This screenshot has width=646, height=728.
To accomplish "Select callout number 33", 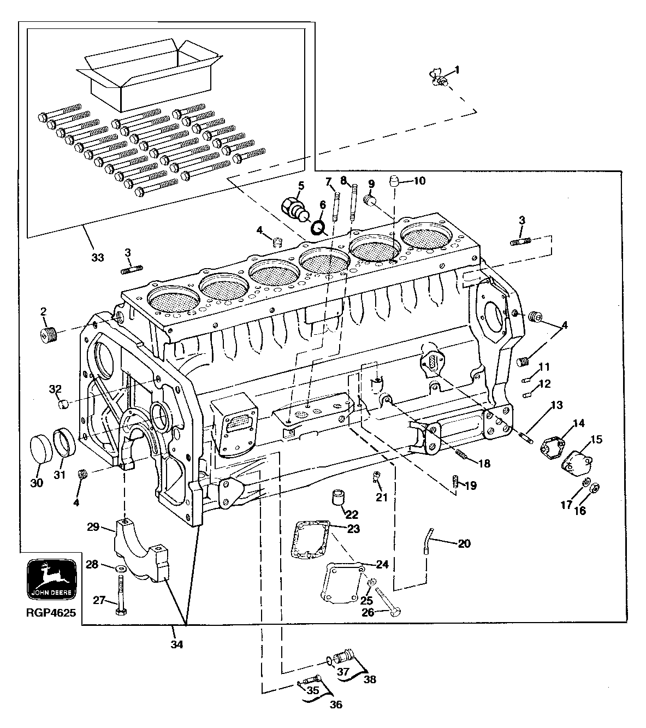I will click(97, 257).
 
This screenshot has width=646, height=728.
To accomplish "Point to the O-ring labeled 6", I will click(318, 226).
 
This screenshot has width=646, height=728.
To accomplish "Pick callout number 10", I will click(419, 181).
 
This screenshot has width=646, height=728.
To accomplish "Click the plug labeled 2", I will click(50, 334).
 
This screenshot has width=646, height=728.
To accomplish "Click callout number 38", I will click(370, 680).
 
